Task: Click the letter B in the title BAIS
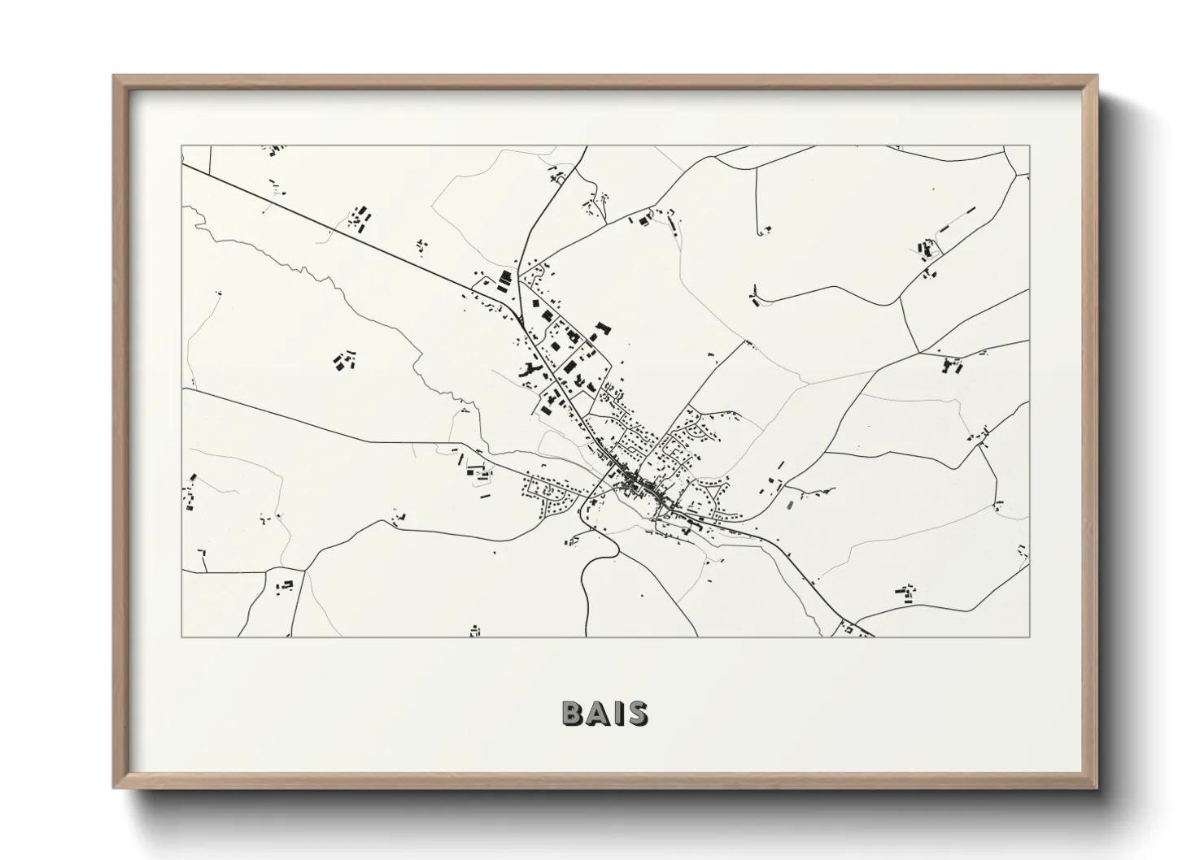573,713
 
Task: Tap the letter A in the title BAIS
600,713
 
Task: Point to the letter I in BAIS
620,713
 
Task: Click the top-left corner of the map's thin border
182,146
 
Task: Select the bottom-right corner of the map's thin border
1029,636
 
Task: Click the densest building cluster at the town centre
643,485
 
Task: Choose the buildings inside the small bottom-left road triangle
285,584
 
